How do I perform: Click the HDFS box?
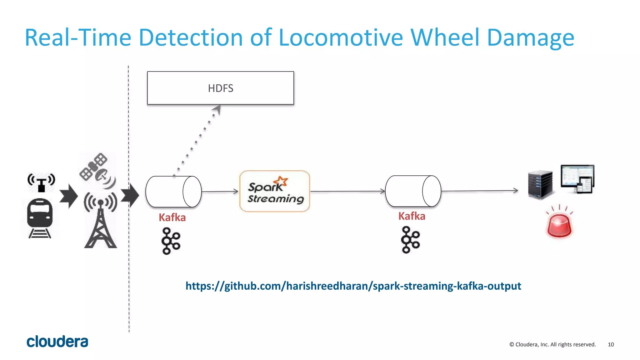220,88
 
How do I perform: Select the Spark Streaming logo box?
275,191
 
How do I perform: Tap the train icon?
40,218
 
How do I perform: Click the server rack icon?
540,184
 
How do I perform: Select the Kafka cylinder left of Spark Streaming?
173,192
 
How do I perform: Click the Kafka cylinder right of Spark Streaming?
413,191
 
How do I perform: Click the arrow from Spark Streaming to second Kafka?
347,191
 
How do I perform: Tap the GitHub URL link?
353,286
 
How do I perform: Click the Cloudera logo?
57,342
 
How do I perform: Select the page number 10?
611,344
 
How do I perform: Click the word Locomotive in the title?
341,38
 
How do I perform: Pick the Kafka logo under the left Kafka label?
171,241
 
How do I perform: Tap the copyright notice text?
552,344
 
